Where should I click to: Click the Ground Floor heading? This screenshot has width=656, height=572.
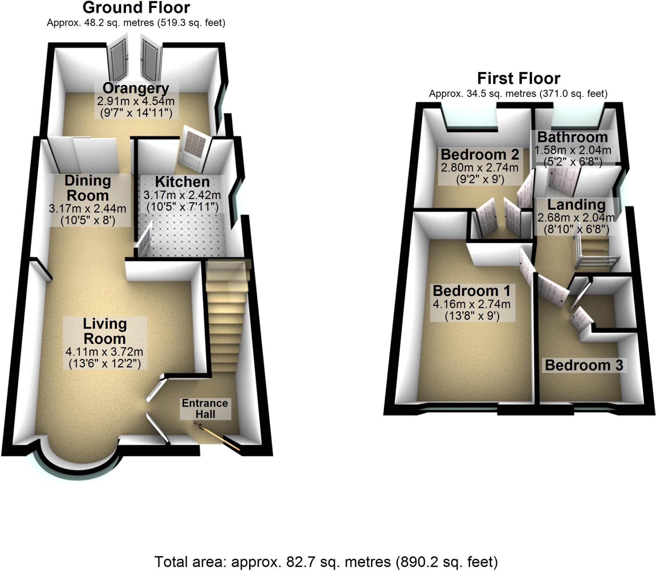[x=136, y=8]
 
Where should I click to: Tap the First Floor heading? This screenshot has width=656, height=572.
[x=519, y=79]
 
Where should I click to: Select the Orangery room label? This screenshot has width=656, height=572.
[x=136, y=88]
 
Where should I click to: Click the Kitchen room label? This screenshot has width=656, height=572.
[x=182, y=182]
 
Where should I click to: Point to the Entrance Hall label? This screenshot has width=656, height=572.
[x=205, y=409]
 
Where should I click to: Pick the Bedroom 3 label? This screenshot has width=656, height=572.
[x=584, y=365]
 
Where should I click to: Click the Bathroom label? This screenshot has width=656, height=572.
[x=572, y=137]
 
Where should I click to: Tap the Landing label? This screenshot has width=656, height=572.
[x=576, y=204]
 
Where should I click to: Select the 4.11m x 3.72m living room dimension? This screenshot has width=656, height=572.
[x=104, y=352]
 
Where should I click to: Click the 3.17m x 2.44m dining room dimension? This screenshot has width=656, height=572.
[x=87, y=209]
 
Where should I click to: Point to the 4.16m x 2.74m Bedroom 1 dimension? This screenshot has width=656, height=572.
[x=472, y=304]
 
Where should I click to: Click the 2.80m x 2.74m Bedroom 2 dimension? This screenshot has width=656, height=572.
[x=480, y=168]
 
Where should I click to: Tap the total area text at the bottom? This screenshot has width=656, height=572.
[x=326, y=562]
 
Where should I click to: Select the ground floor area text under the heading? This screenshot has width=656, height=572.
[x=136, y=23]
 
